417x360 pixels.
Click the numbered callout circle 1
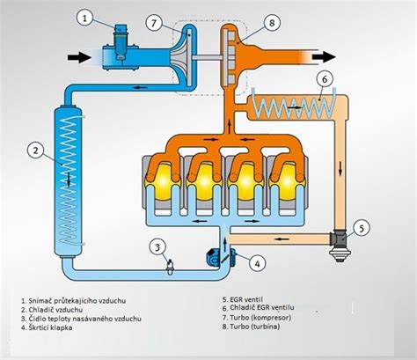[84, 18]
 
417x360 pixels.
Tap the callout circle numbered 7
[155, 23]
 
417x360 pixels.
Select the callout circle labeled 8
[272, 23]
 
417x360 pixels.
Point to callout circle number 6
[324, 79]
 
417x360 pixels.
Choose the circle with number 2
[35, 151]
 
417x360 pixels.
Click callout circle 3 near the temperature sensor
[157, 247]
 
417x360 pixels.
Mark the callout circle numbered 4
[257, 263]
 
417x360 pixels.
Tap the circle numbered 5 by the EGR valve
[362, 228]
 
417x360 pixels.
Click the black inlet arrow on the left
[79, 57]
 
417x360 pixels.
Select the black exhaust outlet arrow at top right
[324, 56]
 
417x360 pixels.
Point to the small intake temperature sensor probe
[170, 267]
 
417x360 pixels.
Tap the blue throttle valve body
[221, 258]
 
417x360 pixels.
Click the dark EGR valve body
[340, 244]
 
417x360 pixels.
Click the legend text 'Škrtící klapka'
[47, 327]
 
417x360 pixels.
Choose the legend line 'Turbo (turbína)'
[251, 327]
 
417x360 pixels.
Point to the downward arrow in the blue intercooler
[69, 180]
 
